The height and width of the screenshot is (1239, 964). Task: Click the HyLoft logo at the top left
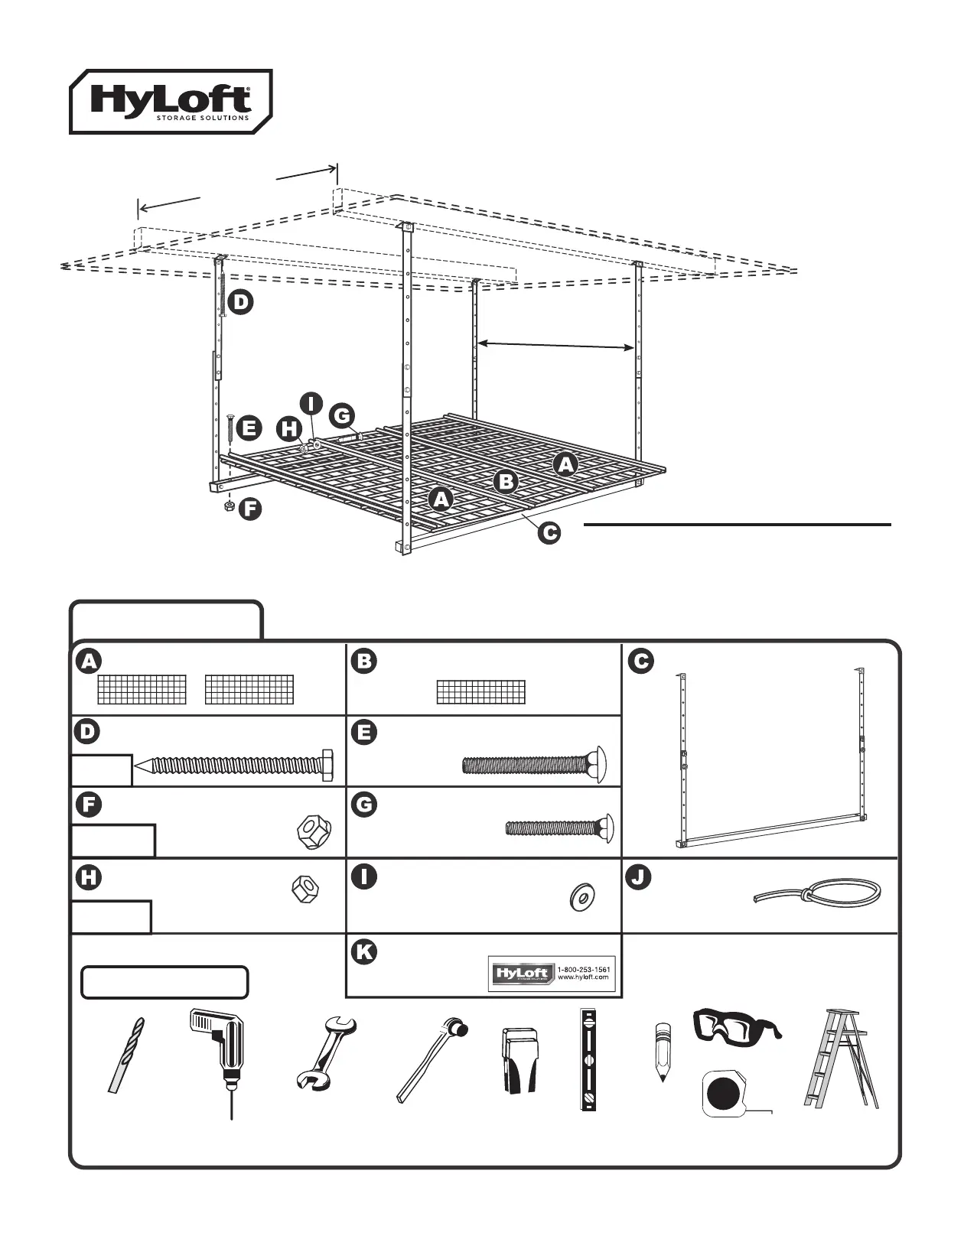pyautogui.click(x=171, y=102)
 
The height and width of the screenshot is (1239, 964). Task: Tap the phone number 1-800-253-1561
pyautogui.click(x=584, y=969)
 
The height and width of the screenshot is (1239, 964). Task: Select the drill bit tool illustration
pyautogui.click(x=125, y=1056)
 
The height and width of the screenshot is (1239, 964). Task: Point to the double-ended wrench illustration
pyautogui.click(x=324, y=1052)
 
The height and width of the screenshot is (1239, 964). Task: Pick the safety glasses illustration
pyautogui.click(x=736, y=1026)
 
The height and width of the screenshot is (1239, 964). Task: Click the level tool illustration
pyautogui.click(x=588, y=1059)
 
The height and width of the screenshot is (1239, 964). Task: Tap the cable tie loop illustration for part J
pyautogui.click(x=819, y=893)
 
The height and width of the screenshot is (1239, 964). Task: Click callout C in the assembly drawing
pyautogui.click(x=549, y=533)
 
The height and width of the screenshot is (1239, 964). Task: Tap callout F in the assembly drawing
pyautogui.click(x=249, y=509)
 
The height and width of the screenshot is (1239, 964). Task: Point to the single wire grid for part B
pyautogui.click(x=481, y=691)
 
